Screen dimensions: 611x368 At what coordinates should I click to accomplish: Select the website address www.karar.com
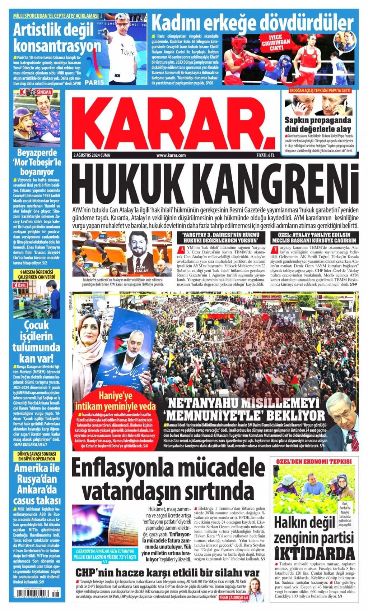(171, 155)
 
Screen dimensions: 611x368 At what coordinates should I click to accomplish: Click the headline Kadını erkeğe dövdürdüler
(253, 23)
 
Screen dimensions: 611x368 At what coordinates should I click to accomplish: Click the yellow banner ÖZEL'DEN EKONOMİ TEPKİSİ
(314, 461)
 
